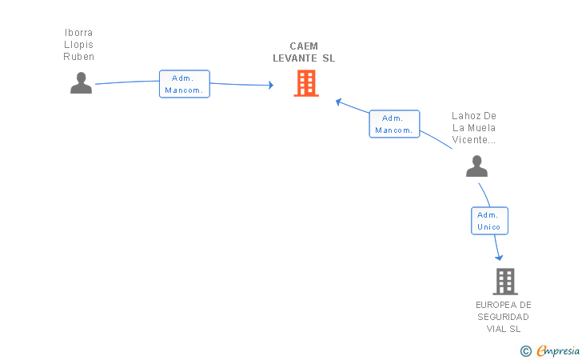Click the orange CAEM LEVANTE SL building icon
tap(306, 83)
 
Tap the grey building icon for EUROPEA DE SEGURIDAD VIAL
tap(505, 282)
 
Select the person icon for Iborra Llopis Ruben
tap(82, 83)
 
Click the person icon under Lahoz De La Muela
tap(477, 166)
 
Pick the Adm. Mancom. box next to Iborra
tap(185, 84)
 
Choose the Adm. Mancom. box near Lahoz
tap(394, 124)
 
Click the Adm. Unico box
tap(489, 221)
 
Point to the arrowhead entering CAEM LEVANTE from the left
tap(271, 85)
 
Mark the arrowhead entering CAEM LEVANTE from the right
tap(338, 102)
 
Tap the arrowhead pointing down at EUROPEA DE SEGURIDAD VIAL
tap(499, 258)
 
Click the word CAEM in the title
tap(304, 46)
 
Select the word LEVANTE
tap(295, 58)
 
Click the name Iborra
tap(78, 33)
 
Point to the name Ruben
tap(78, 57)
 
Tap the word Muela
tap(481, 128)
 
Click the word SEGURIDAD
tap(504, 317)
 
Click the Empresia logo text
tap(558, 350)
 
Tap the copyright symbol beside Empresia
tap(526, 351)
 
